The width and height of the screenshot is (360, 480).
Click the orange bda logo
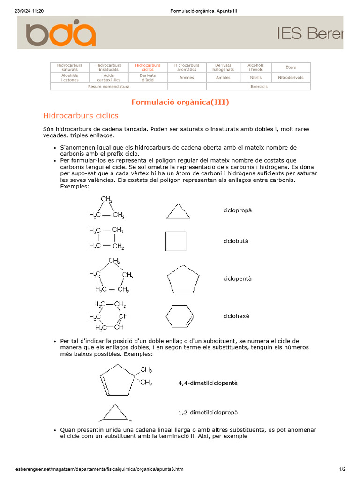(x=61, y=33)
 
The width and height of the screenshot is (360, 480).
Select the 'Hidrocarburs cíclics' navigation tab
(x=148, y=67)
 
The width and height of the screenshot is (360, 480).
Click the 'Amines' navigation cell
(x=187, y=77)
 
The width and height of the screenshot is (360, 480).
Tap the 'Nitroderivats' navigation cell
(x=291, y=77)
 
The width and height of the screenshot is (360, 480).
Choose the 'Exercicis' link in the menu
(x=259, y=87)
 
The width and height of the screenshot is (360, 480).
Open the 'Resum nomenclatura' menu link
(x=108, y=87)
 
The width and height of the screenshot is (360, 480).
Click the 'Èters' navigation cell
(x=291, y=67)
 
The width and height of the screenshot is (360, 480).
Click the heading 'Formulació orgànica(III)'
(x=180, y=102)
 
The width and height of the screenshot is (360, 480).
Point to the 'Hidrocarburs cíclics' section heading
(x=81, y=115)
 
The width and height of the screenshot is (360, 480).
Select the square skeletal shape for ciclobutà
(x=176, y=241)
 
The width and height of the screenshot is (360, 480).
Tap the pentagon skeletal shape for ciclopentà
(x=180, y=279)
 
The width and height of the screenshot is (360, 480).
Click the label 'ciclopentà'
(x=237, y=278)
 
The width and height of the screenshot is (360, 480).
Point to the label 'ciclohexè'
(x=236, y=316)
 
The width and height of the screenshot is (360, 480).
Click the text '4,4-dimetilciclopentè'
(x=208, y=383)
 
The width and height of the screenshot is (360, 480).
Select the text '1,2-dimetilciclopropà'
(x=208, y=412)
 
